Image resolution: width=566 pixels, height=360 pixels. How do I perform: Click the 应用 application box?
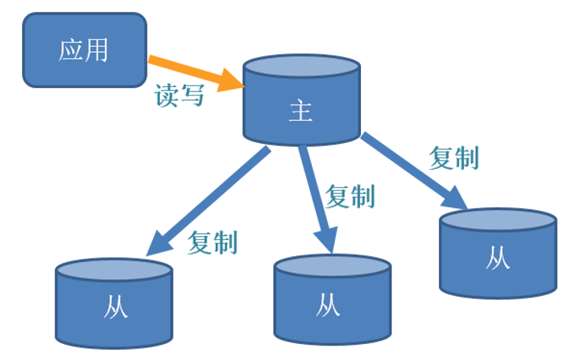(84, 50)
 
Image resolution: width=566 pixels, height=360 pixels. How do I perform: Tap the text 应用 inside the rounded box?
(84, 50)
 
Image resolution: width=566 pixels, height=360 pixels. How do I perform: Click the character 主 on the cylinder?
(301, 112)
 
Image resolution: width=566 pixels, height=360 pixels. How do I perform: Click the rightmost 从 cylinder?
(498, 253)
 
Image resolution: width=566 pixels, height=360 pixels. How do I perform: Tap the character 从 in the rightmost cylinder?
(498, 258)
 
